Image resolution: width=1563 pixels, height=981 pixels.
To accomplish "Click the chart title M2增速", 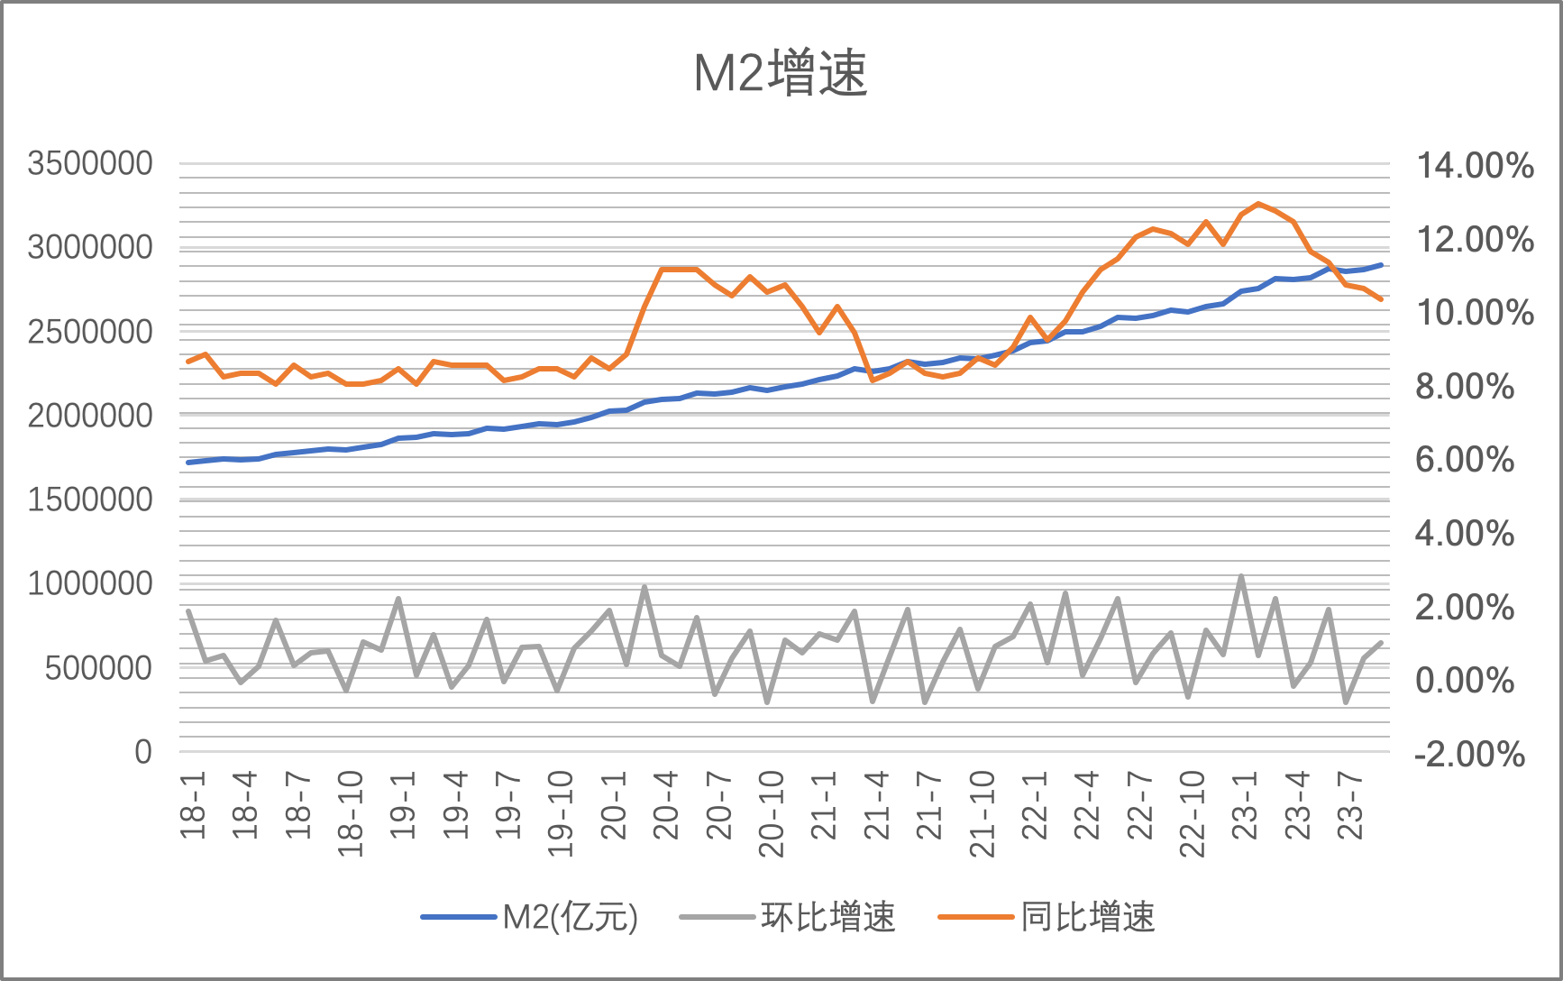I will pos(780,74).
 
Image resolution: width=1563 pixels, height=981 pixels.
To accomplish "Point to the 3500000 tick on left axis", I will pos(90,164).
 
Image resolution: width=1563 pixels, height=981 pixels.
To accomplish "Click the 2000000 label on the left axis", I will pos(90,416).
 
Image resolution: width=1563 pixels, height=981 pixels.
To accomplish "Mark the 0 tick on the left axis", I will pos(143,752).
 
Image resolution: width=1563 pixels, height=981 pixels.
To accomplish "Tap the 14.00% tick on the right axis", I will pos(1475,166).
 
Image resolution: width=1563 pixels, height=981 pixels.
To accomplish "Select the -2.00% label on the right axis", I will pos(1469,754).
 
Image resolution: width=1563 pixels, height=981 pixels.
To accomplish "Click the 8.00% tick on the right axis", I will pos(1464,387).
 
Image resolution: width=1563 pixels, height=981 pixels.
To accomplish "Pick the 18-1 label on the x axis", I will pos(193,805).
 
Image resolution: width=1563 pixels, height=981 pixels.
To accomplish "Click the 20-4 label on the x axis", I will pos(666,805).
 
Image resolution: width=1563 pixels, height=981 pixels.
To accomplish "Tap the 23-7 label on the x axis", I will pos(1349,805).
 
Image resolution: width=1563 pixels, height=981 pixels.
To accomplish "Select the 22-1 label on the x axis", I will pos(1034,805).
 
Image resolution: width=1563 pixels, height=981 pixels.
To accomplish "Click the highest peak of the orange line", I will pos(1258,204).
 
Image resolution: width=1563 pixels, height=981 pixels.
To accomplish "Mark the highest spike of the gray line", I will pos(1241,576).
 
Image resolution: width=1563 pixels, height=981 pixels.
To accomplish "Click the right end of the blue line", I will pos(1381,265).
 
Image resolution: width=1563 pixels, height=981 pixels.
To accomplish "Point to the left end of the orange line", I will pos(188,362).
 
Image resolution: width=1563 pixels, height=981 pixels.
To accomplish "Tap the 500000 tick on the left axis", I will pos(99,668).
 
